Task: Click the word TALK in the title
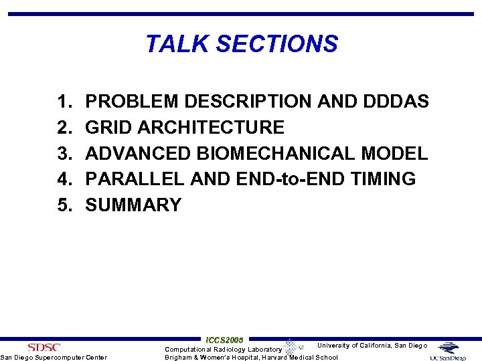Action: click(x=171, y=44)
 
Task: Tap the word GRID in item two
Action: click(x=108, y=128)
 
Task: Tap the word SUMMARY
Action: click(x=133, y=205)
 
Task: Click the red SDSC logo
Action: click(x=44, y=347)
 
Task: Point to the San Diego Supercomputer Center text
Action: click(x=54, y=358)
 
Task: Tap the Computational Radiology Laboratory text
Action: click(x=224, y=349)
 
